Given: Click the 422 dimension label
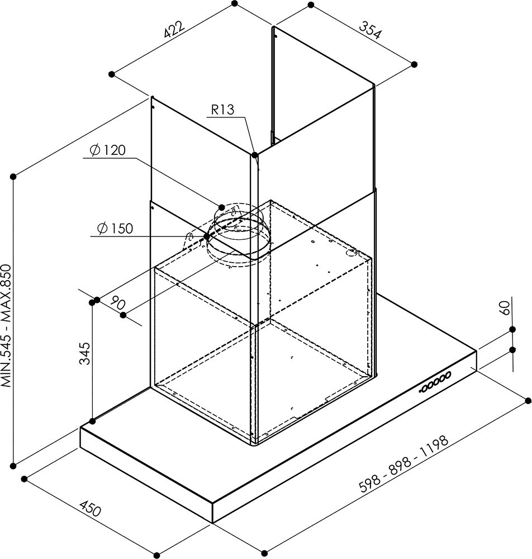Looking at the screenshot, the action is (174, 30).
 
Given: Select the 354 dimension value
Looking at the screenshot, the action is (370, 30).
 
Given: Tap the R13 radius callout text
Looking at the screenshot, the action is (223, 110).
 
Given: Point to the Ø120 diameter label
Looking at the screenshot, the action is (108, 150).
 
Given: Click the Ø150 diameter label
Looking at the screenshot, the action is (115, 228).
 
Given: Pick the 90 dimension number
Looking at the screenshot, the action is (117, 302).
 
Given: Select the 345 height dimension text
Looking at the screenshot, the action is (85, 353).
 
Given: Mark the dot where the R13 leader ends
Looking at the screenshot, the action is (254, 155).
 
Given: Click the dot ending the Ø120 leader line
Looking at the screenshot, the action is (221, 207).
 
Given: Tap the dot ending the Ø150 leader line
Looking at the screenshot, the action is (206, 236).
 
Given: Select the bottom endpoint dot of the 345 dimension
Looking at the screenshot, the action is (93, 421).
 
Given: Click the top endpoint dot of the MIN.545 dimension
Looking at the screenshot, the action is (13, 177).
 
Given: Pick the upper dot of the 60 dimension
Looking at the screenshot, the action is (512, 329).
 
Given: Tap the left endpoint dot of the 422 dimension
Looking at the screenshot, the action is (112, 74).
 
